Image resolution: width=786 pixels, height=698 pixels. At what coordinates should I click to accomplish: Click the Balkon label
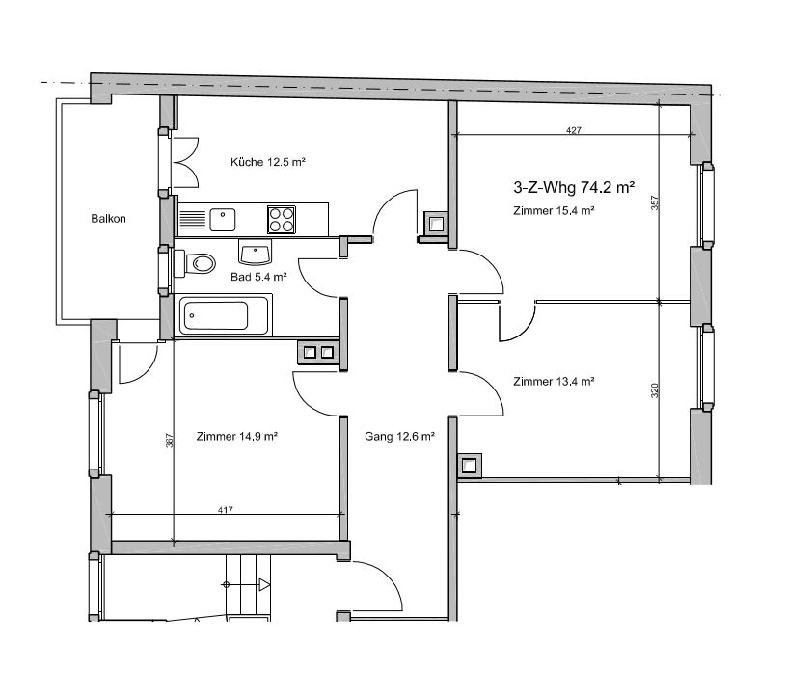[x=108, y=219]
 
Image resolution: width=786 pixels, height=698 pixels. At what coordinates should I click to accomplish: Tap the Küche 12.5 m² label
[x=268, y=162]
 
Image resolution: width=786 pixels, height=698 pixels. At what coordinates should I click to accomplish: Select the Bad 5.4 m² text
[x=258, y=277]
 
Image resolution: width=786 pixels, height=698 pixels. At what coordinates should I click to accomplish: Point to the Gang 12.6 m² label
[x=399, y=437]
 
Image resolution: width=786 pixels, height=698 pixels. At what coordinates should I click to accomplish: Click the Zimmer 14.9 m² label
[x=237, y=437]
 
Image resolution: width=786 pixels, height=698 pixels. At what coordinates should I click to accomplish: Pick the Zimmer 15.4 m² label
[x=554, y=211]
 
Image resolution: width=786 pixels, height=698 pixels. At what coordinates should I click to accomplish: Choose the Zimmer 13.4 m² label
[x=554, y=382]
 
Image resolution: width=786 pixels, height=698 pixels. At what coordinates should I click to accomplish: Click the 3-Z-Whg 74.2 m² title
[x=574, y=187]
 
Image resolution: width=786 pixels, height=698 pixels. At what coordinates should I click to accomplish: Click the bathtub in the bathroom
[x=223, y=315]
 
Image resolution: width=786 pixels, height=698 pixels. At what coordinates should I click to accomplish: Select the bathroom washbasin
[x=256, y=252]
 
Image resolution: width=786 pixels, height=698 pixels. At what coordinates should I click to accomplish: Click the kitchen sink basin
[x=223, y=220]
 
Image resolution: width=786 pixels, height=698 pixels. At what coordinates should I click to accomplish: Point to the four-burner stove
[x=282, y=220]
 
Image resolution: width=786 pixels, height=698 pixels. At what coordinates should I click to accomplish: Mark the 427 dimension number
[x=574, y=130]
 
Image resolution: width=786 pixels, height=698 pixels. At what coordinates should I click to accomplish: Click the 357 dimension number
[x=654, y=202]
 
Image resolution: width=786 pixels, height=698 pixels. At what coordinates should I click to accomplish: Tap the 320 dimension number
[x=654, y=390]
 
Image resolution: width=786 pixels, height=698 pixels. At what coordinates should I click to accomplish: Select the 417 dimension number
[x=226, y=510]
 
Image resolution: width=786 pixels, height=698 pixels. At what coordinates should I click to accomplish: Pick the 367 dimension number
[x=170, y=441]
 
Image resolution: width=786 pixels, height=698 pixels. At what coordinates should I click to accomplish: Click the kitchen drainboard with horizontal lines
[x=193, y=220]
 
